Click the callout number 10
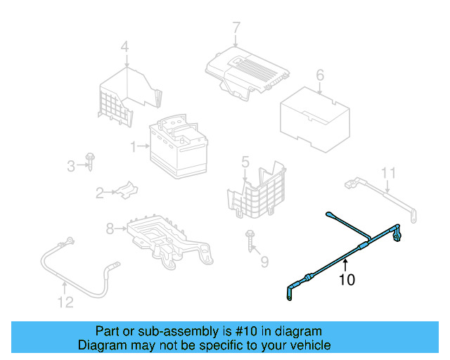click(347, 280)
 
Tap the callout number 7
click(236, 28)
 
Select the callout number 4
click(124, 48)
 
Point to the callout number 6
click(319, 75)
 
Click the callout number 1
click(132, 146)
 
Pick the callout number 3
click(70, 166)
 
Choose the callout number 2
click(101, 192)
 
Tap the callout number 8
click(110, 228)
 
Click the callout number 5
click(245, 163)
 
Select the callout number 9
click(264, 262)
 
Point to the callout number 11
click(389, 173)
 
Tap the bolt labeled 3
click(91, 160)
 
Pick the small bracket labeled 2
click(125, 190)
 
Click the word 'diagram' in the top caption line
click(299, 331)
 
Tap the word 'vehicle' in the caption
click(307, 345)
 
